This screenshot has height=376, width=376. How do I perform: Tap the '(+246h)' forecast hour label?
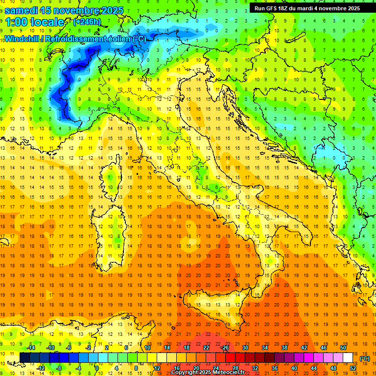tap(87, 22)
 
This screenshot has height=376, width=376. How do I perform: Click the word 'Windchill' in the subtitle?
tap(23, 39)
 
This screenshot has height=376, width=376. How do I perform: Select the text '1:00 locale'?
tap(34, 22)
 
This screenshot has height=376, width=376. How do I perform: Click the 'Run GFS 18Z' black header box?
tap(307, 8)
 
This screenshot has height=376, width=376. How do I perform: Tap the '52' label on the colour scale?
tap(353, 368)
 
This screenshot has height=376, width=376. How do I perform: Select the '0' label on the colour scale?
tap(97, 368)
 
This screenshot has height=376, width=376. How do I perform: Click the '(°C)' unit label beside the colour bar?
tap(365, 358)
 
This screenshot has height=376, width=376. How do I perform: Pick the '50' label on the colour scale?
tap(343, 348)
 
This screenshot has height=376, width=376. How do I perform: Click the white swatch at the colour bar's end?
tap(348, 358)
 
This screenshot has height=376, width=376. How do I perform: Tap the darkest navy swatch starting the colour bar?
tap(24, 358)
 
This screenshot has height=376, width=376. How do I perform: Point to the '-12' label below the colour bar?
tap(41, 368)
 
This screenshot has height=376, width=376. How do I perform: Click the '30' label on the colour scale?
tap(245, 348)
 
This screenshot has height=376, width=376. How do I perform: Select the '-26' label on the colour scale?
tap(225, 348)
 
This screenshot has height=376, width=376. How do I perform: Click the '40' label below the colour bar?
tap(294, 368)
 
